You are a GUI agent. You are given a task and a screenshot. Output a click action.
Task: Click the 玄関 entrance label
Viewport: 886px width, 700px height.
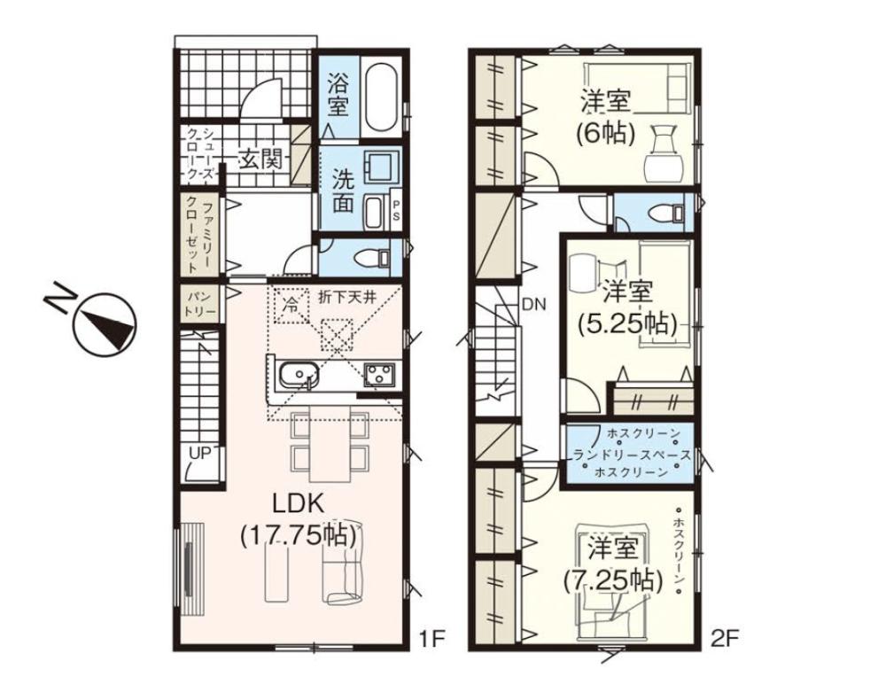click(x=260, y=160)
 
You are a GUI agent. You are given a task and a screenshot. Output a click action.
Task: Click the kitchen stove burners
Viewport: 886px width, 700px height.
click(x=380, y=373)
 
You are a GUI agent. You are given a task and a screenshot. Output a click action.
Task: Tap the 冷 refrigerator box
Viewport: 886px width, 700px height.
click(x=291, y=305)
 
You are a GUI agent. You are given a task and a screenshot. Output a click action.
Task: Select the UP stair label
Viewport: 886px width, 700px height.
click(x=200, y=453)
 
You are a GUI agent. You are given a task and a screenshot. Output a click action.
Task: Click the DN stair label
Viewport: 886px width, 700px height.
click(x=533, y=305)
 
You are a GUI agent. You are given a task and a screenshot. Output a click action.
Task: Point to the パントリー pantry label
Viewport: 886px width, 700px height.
click(x=199, y=305)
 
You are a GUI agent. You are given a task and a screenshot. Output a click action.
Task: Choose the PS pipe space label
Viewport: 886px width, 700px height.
click(x=395, y=210)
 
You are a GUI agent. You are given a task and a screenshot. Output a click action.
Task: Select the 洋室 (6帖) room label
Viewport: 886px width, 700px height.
click(x=606, y=117)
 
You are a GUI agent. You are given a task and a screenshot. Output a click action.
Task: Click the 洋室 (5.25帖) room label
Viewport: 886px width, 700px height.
click(x=626, y=307)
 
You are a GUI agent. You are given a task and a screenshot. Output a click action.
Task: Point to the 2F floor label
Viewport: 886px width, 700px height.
click(x=725, y=639)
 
